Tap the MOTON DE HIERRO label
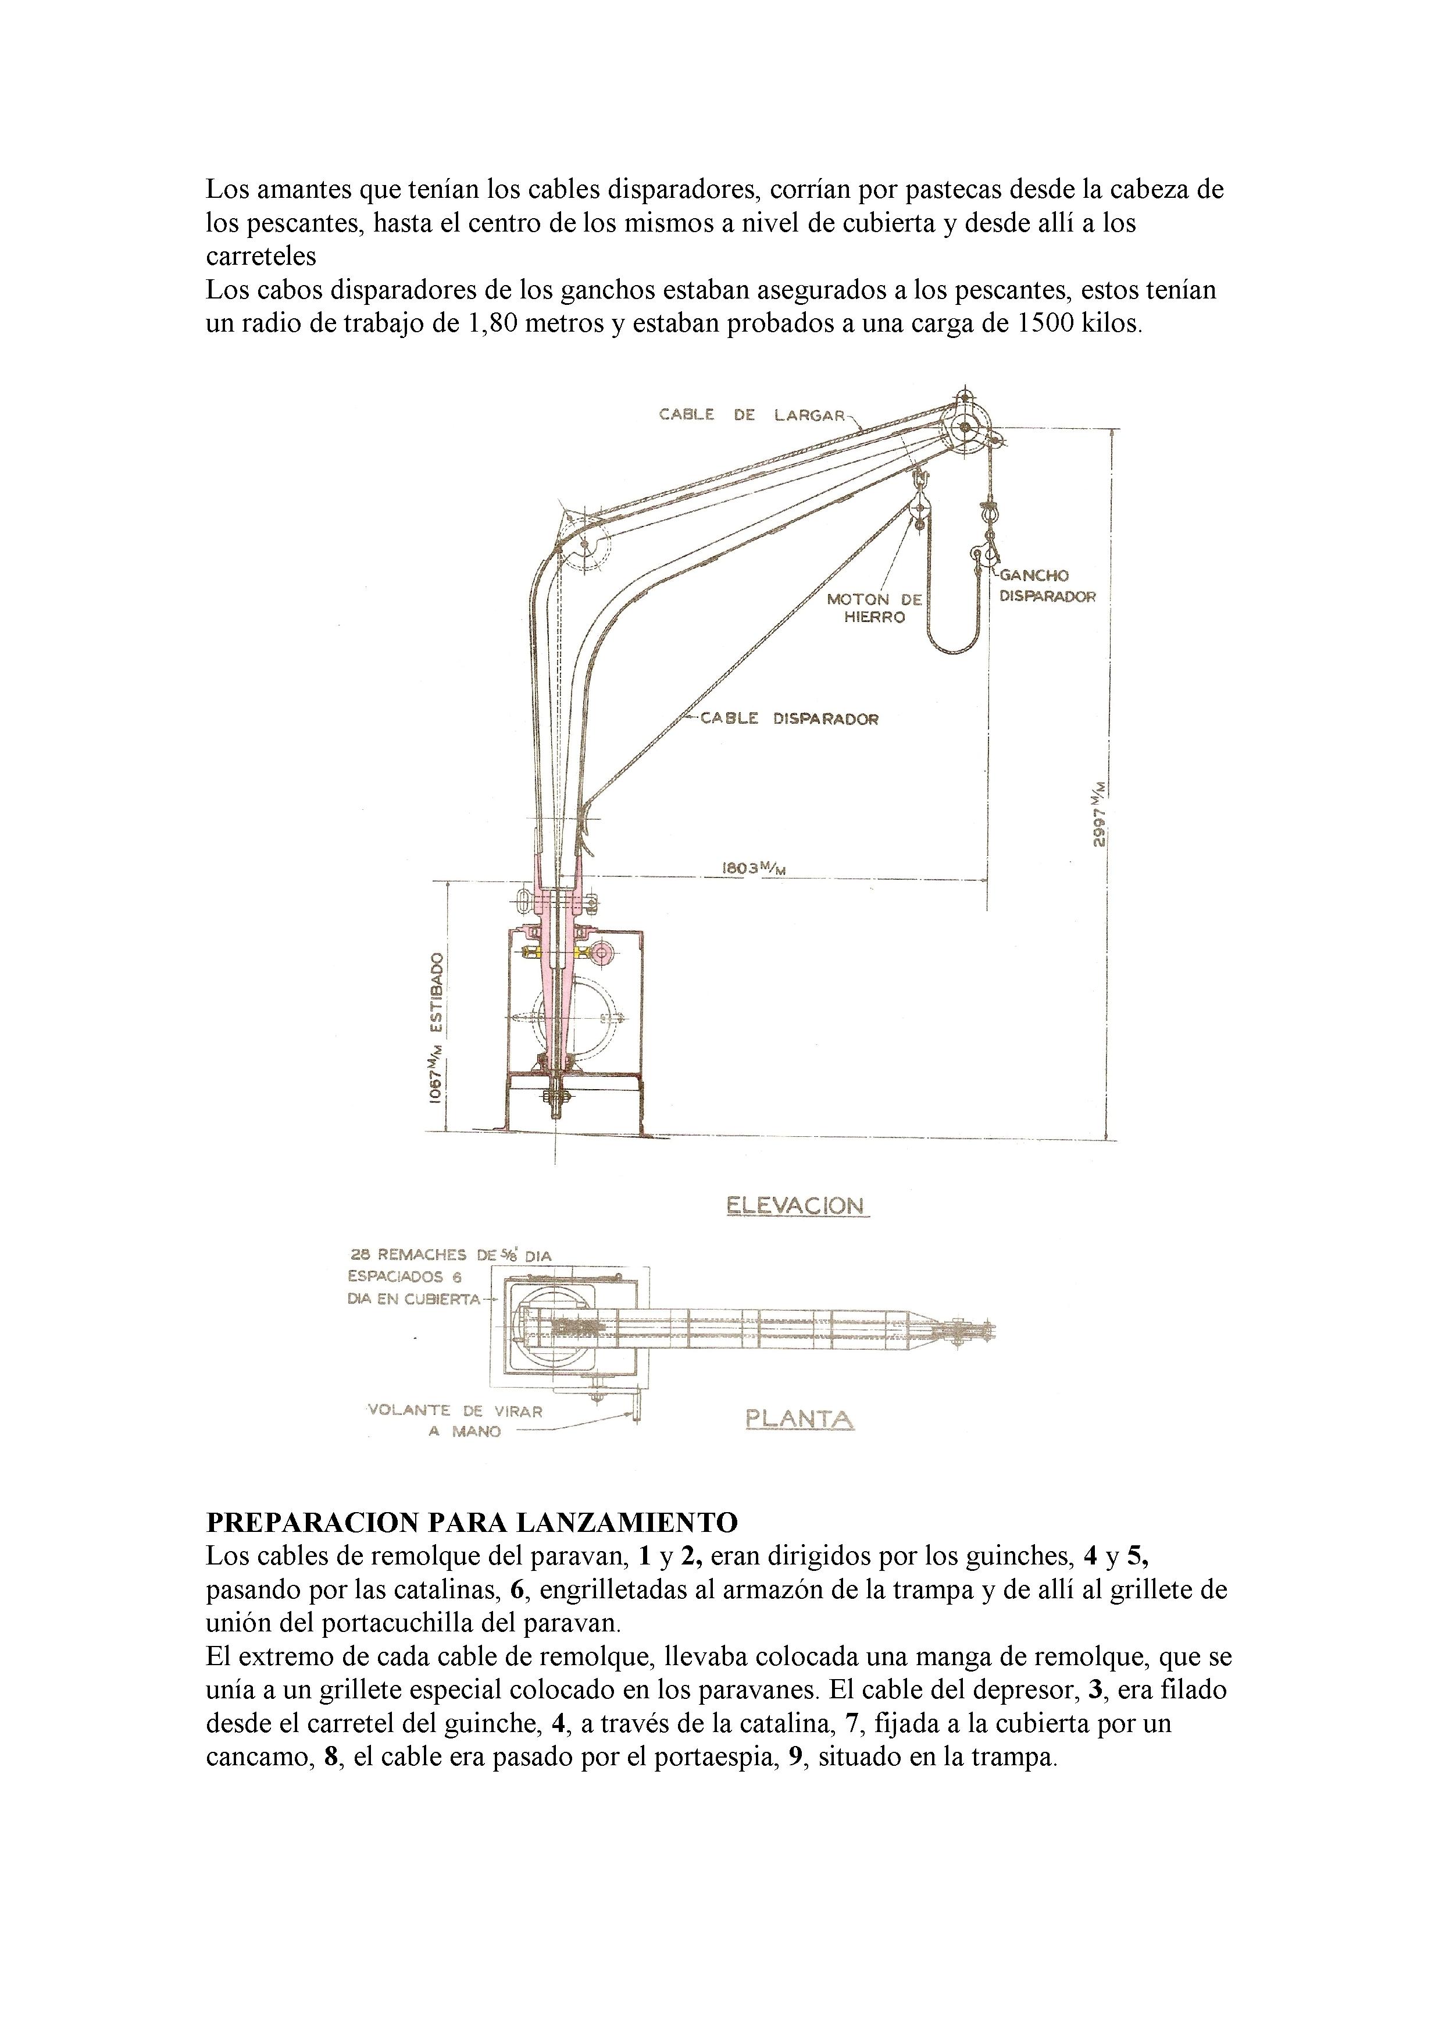point(875,608)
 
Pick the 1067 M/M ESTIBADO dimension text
point(436,1029)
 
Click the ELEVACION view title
point(795,1206)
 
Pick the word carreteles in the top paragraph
point(261,257)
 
